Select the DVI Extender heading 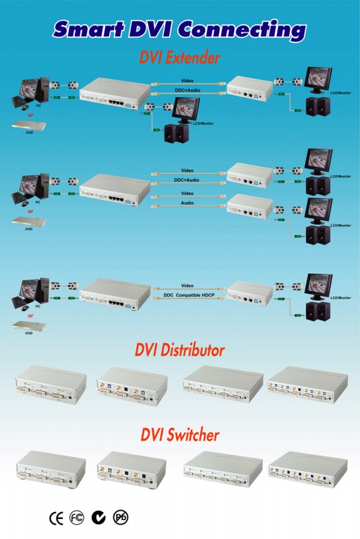click(x=179, y=58)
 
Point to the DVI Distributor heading click(x=179, y=350)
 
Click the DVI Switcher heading click(x=179, y=435)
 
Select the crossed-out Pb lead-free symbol click(x=121, y=517)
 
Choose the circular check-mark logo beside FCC click(x=99, y=517)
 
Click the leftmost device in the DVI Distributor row click(x=51, y=385)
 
